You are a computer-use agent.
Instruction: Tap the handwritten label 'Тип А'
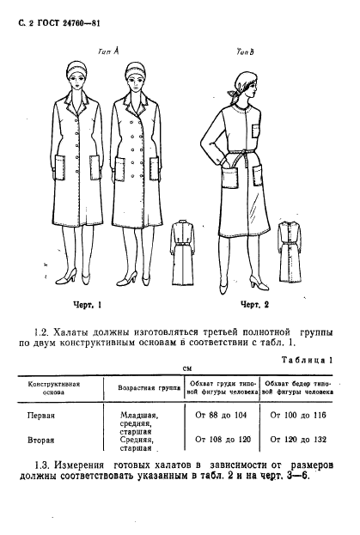(109, 51)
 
